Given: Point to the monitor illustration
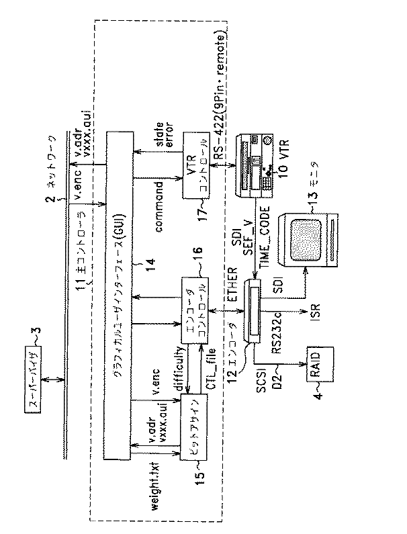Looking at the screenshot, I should [309, 238].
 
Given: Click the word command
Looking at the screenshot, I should [161, 208].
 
